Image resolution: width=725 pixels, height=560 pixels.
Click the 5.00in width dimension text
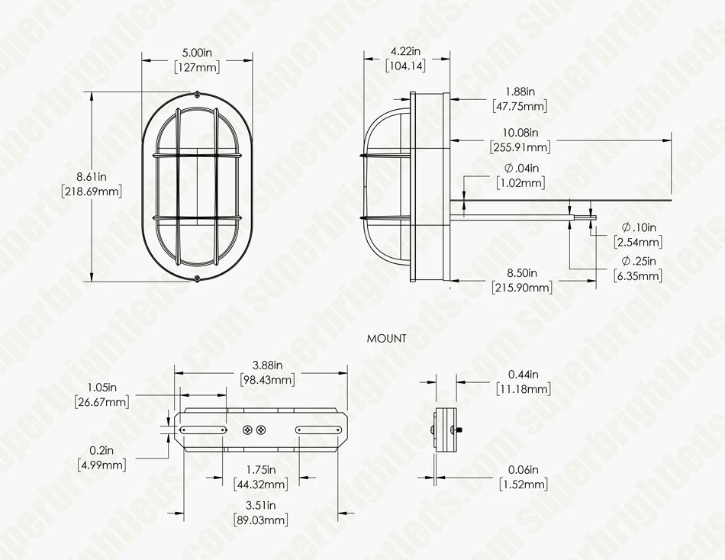pyautogui.click(x=197, y=53)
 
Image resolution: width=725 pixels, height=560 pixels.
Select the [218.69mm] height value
pyautogui.click(x=92, y=191)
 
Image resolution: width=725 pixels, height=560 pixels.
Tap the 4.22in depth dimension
pyautogui.click(x=405, y=51)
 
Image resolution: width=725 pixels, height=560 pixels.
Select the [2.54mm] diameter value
pyautogui.click(x=638, y=243)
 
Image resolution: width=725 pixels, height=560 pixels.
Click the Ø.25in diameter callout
pyautogui.click(x=639, y=261)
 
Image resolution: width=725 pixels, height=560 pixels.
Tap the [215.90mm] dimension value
pyautogui.click(x=522, y=288)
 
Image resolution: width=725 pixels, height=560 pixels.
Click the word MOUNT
pyautogui.click(x=386, y=338)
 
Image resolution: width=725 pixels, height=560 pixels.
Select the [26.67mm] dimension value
pyautogui.click(x=101, y=401)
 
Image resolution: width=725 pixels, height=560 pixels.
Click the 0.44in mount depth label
pyautogui.click(x=523, y=375)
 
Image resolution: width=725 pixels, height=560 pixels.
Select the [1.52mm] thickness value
pyautogui.click(x=523, y=484)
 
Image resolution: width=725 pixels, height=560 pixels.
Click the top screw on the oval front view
pyautogui.click(x=197, y=95)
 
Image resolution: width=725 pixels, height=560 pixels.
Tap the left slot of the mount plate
pyautogui.click(x=201, y=430)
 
